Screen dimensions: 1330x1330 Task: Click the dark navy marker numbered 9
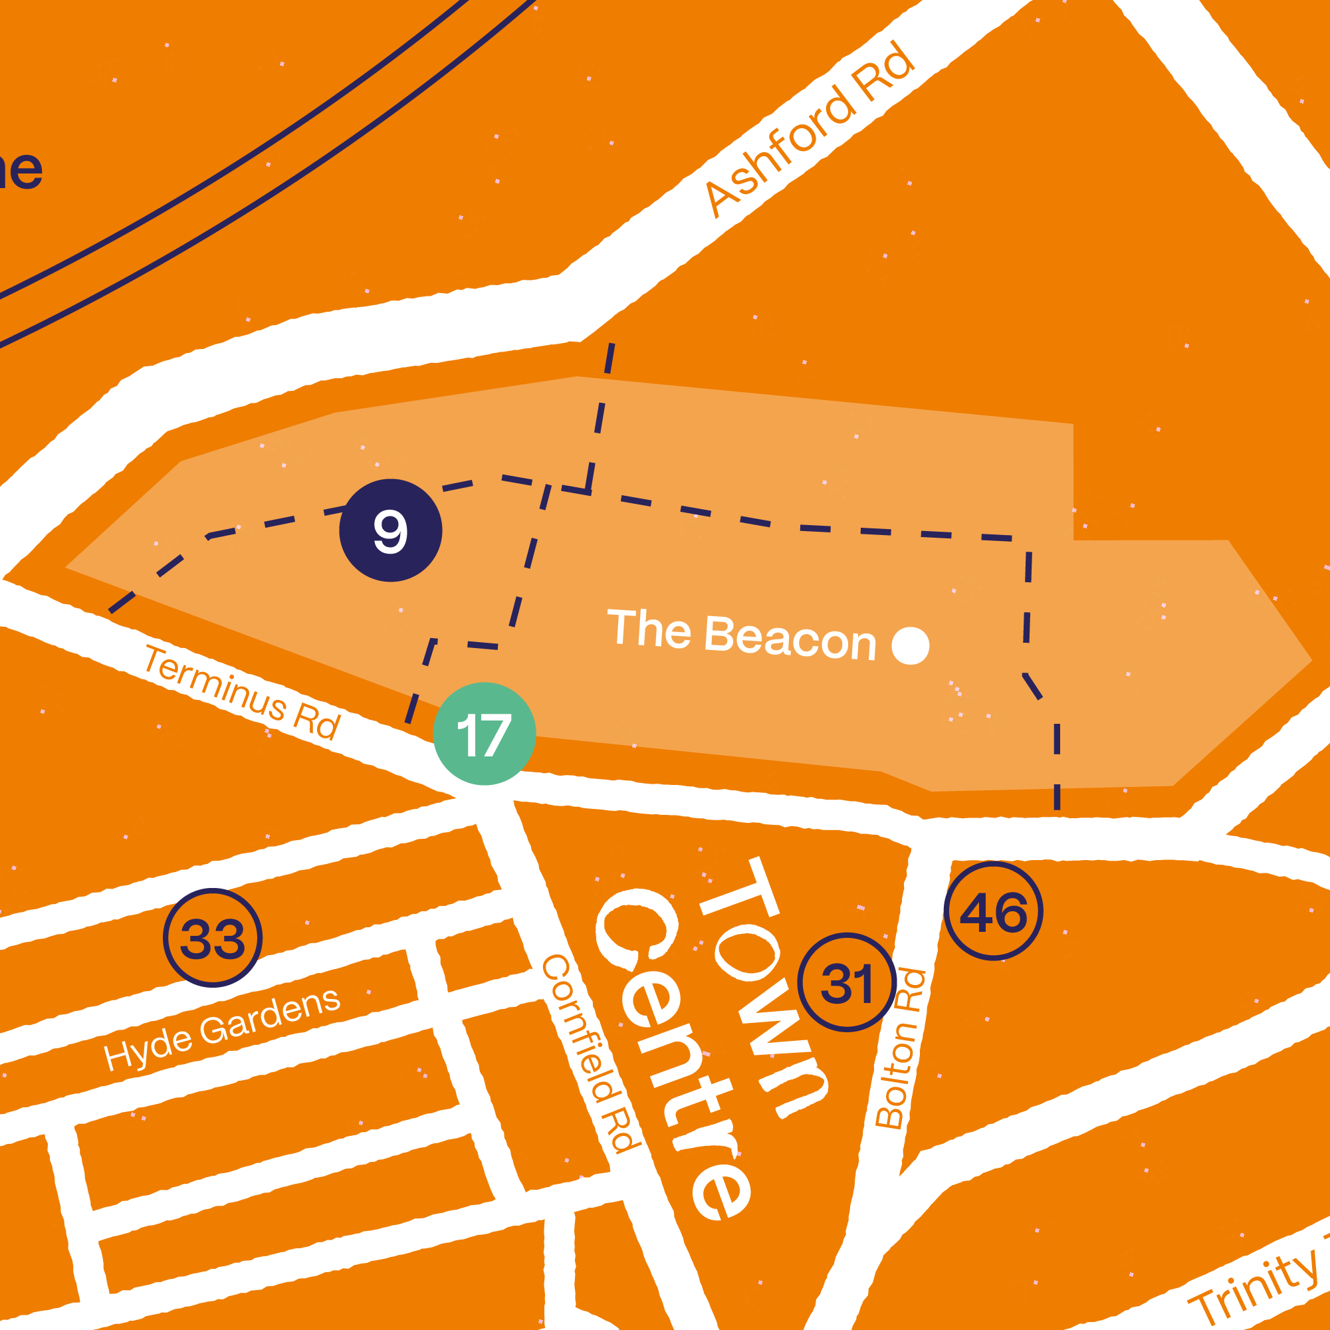tap(390, 531)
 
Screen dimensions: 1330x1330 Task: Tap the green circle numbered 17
tap(484, 734)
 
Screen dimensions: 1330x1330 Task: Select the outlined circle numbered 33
tap(213, 938)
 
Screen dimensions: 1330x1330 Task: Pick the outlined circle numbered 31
tap(846, 982)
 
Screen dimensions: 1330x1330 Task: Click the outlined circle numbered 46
tap(993, 911)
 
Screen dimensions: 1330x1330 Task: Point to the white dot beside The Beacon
tap(910, 646)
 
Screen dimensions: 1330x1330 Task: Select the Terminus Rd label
tap(243, 693)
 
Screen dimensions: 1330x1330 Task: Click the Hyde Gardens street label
tap(222, 1030)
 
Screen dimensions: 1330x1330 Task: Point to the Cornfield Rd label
tap(591, 1053)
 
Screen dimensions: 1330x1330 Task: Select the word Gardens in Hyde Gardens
tap(270, 1016)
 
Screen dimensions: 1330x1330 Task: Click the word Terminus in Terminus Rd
tap(215, 683)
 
